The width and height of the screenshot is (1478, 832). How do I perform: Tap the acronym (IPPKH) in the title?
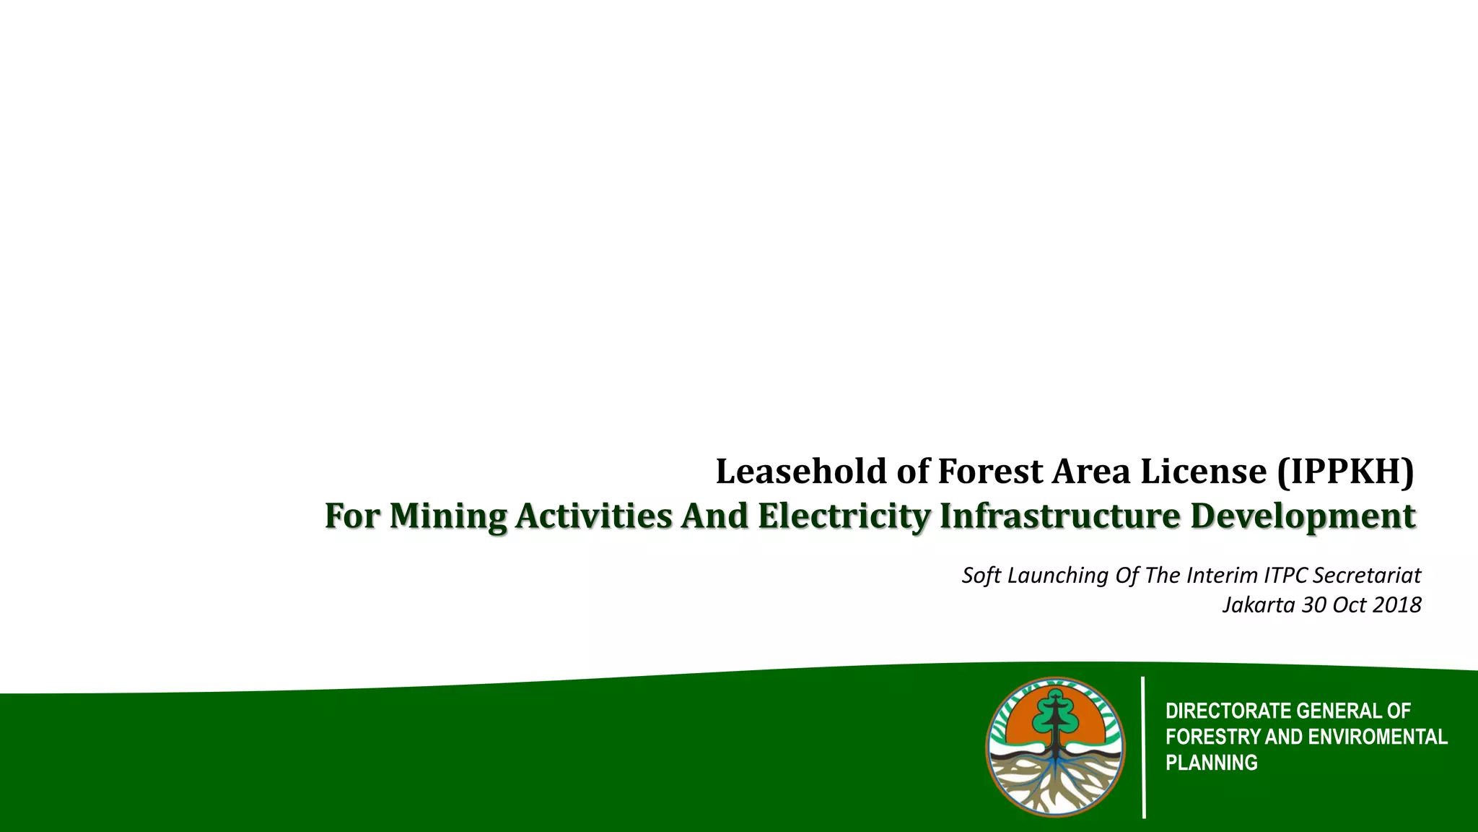tap(1345, 472)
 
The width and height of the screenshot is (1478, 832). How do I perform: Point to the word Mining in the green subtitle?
tap(447, 516)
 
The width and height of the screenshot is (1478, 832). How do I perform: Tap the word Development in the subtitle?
tap(1303, 516)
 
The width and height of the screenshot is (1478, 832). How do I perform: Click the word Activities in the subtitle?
tap(594, 516)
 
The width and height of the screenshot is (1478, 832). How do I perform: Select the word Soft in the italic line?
tap(981, 576)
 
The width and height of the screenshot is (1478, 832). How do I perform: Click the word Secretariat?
tap(1367, 576)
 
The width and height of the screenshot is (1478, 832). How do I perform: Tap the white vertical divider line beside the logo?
tap(1144, 747)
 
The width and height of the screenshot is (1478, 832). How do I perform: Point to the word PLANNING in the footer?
tap(1211, 763)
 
